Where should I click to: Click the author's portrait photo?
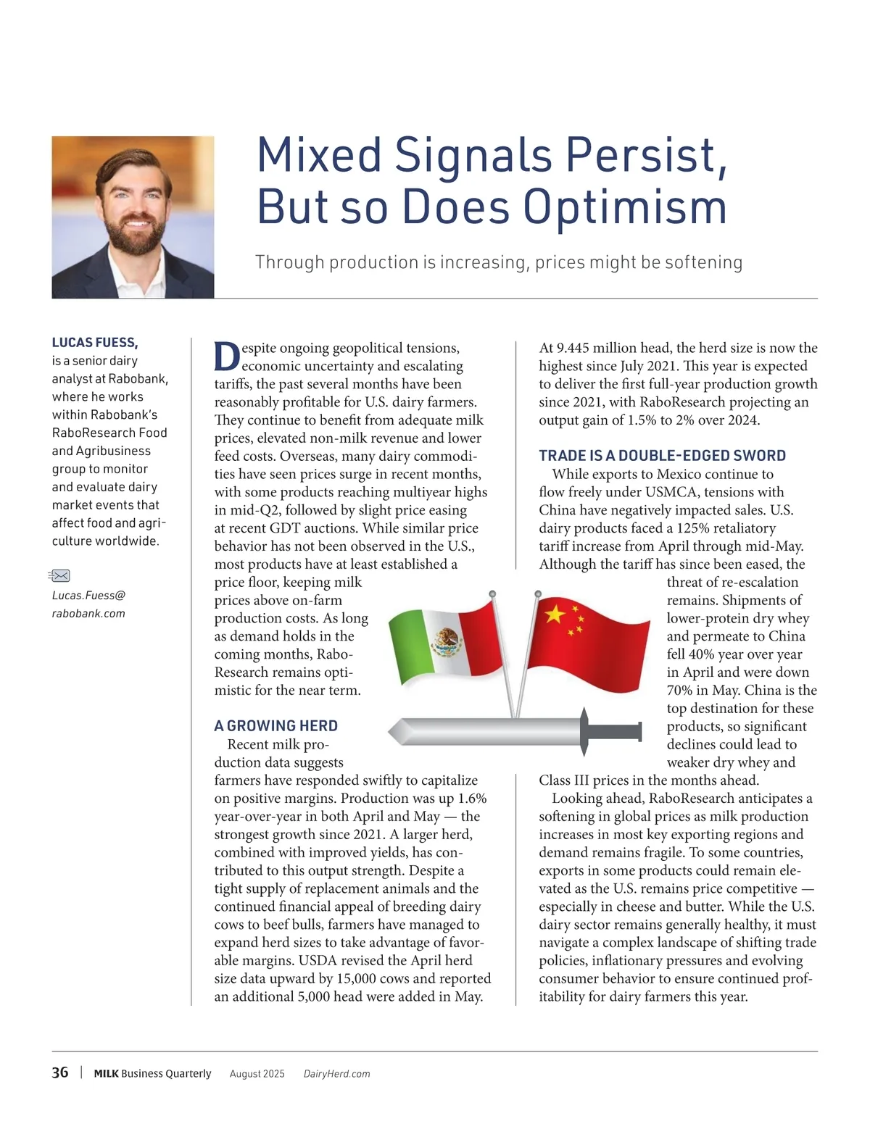pyautogui.click(x=133, y=217)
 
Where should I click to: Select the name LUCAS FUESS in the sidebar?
pyautogui.click(x=94, y=343)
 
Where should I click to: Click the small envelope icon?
pyautogui.click(x=60, y=576)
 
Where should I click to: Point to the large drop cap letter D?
pyautogui.click(x=227, y=357)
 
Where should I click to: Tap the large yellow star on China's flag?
pyautogui.click(x=555, y=615)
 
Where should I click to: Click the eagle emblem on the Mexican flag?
pyautogui.click(x=447, y=641)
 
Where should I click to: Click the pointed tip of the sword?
pyautogui.click(x=394, y=732)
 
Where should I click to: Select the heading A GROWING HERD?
pyautogui.click(x=275, y=726)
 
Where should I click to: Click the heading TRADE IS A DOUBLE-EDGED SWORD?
pyautogui.click(x=662, y=456)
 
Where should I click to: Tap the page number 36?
pyautogui.click(x=60, y=1072)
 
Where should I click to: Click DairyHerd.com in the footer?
pyautogui.click(x=336, y=1074)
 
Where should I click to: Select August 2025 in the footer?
pyautogui.click(x=257, y=1074)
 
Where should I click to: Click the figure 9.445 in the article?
pyautogui.click(x=576, y=349)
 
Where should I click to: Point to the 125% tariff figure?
pyautogui.click(x=692, y=528)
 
